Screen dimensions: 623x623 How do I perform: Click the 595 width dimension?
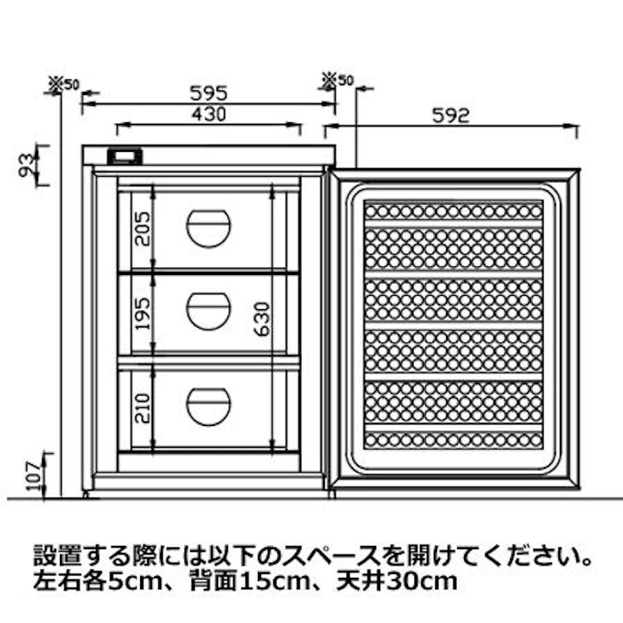[x=209, y=93]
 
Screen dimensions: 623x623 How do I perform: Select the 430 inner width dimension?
[x=209, y=114]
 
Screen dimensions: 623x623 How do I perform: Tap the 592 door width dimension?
[x=451, y=115]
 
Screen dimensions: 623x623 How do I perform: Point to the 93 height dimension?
[x=27, y=165]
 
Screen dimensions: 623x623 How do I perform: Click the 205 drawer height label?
[x=143, y=229]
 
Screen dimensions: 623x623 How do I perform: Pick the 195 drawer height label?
[x=143, y=314]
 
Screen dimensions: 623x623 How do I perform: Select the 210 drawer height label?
[x=143, y=408]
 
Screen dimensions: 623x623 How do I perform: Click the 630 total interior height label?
[x=262, y=319]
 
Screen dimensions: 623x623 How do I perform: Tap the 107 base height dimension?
[x=35, y=476]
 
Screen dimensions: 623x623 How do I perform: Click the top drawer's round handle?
[x=208, y=229]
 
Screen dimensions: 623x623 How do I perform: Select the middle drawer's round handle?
[x=208, y=311]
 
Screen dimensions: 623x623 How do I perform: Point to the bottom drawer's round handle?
[x=208, y=407]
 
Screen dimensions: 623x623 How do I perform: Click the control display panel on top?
[x=125, y=157]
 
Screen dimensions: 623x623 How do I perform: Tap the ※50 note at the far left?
[x=64, y=84]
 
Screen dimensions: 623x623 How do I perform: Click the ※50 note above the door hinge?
[x=337, y=80]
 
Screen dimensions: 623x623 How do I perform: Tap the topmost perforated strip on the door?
[x=454, y=211]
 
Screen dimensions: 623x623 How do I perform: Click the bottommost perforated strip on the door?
[x=454, y=440]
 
